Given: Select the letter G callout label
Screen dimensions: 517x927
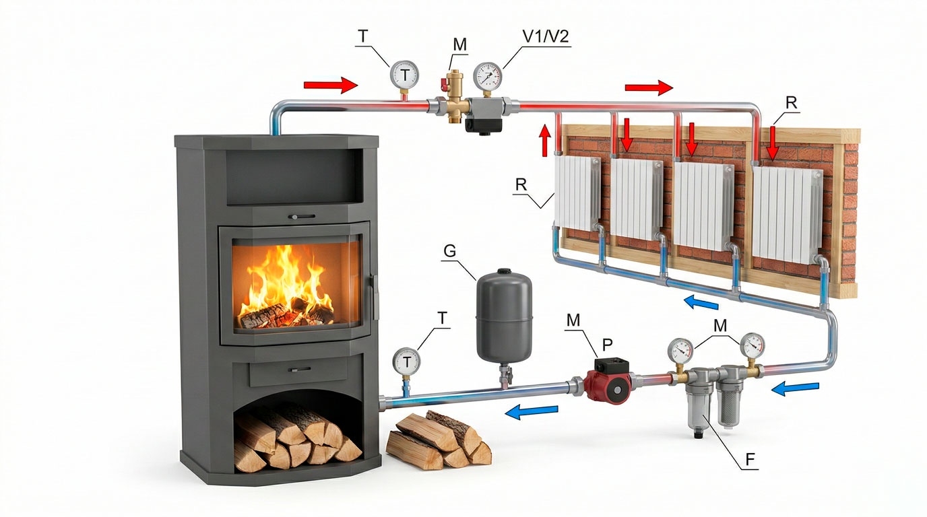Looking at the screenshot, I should click(x=450, y=250).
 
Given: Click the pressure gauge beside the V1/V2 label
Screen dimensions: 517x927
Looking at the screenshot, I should click(x=487, y=77).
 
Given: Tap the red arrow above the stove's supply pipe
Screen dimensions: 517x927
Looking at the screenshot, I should click(x=330, y=85).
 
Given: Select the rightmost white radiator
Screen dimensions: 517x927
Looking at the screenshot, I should click(x=786, y=215).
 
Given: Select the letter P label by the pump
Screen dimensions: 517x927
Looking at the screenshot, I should click(x=608, y=345).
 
